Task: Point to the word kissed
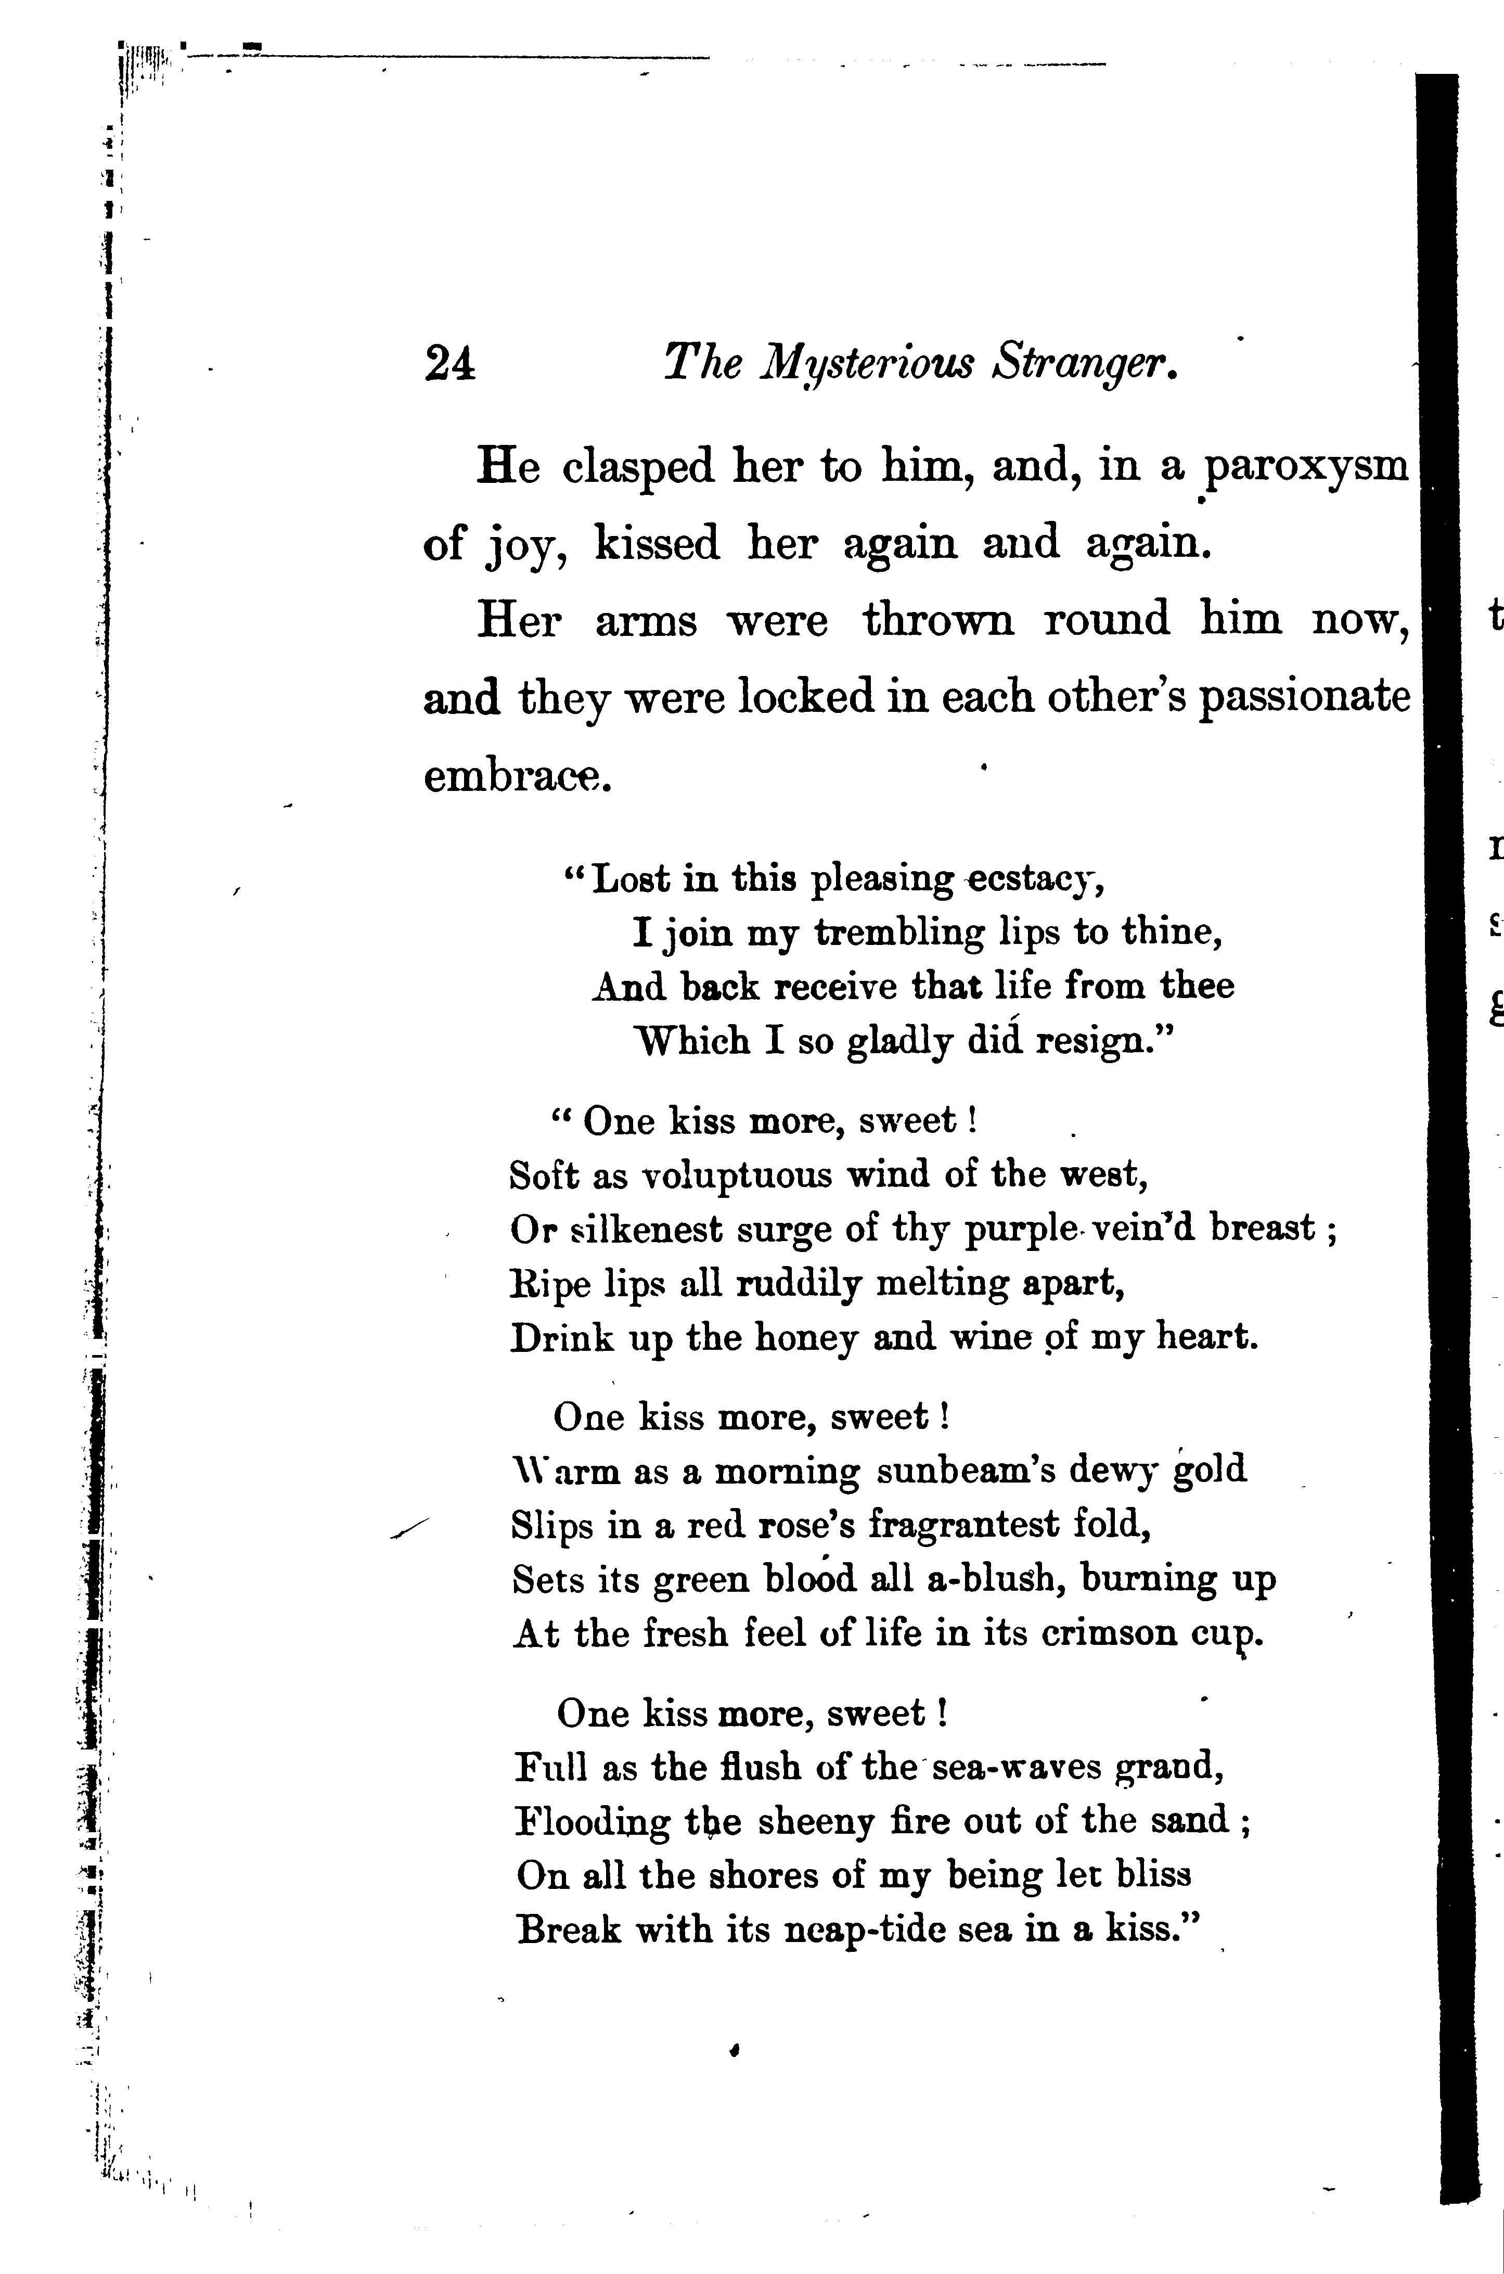point(656,545)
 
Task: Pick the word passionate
point(1305,698)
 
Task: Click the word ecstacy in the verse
point(1033,879)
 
